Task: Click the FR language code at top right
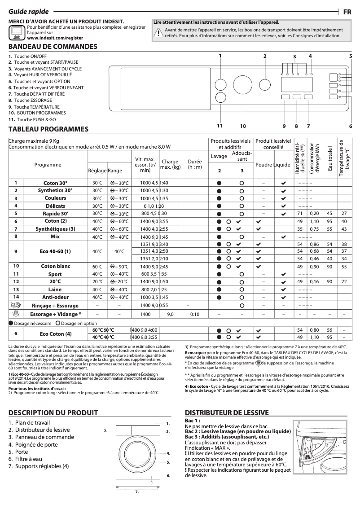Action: (x=347, y=12)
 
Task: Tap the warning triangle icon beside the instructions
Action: (x=158, y=33)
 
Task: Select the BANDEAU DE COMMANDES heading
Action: (x=53, y=47)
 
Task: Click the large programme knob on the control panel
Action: (x=242, y=84)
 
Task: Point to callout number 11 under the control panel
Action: (x=220, y=126)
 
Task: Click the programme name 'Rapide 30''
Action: (x=55, y=214)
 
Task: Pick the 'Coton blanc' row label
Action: (x=55, y=266)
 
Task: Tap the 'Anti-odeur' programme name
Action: (x=55, y=297)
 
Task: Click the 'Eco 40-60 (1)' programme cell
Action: (x=55, y=251)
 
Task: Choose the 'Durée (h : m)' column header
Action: (x=195, y=164)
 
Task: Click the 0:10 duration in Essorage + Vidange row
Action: (x=195, y=314)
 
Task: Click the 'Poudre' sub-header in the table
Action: (x=264, y=165)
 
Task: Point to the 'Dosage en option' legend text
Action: (x=79, y=323)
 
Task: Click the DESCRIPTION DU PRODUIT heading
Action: (x=53, y=413)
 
